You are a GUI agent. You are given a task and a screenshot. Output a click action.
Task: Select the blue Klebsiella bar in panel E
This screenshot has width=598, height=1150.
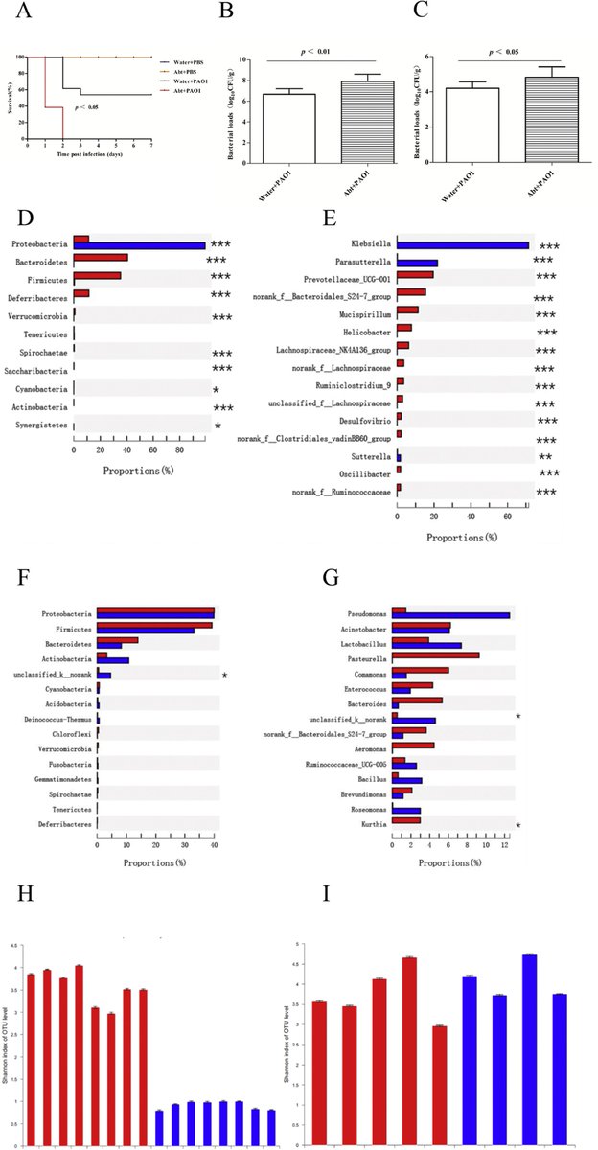(x=463, y=246)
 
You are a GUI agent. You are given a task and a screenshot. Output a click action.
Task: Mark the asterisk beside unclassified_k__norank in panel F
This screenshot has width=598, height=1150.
(x=224, y=677)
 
